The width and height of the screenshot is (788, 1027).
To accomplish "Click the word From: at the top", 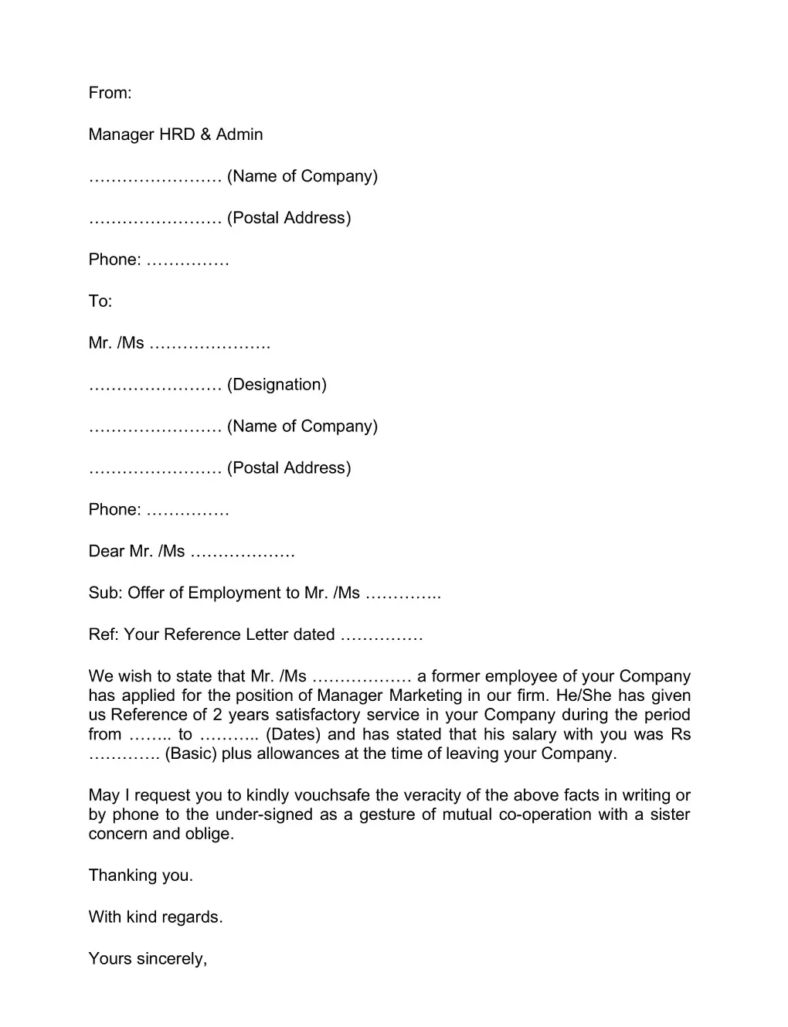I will click(x=110, y=93).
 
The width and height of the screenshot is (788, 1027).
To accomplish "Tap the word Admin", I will click(x=239, y=134).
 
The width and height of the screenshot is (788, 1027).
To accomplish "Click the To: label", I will click(x=100, y=301).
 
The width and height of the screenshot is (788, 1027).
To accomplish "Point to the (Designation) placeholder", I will click(x=277, y=385).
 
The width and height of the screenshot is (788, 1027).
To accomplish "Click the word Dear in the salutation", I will click(x=107, y=552).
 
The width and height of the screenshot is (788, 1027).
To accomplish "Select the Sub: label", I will click(x=105, y=593).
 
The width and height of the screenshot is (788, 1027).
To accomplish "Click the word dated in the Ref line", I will click(x=314, y=635).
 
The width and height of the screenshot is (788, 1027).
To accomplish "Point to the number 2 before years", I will click(x=218, y=715).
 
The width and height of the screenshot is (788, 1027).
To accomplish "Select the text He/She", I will click(x=583, y=695).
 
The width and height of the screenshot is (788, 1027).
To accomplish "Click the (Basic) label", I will click(x=190, y=753).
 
